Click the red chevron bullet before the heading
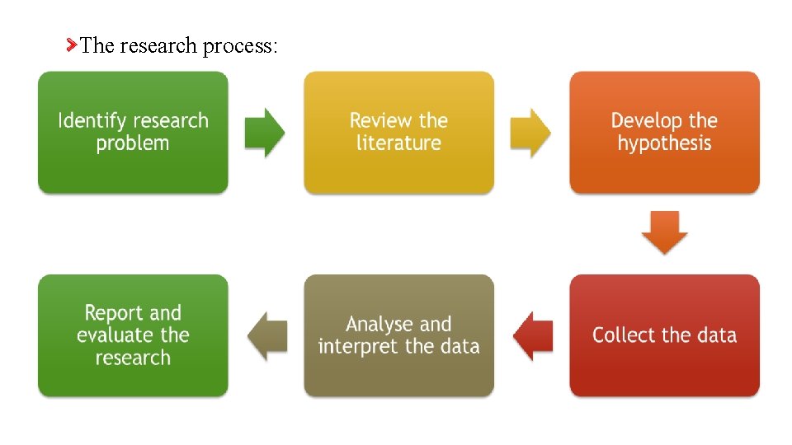[x=72, y=44]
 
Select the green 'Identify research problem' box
[x=133, y=133]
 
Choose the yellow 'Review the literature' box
[x=398, y=133]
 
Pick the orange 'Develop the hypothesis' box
[x=664, y=133]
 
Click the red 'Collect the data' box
[x=664, y=335]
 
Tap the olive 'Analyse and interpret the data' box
[x=398, y=335]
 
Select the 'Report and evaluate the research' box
[x=133, y=335]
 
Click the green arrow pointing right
[x=265, y=133]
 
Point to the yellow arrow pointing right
[x=530, y=133]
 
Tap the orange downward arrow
[x=664, y=232]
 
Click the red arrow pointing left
[x=532, y=335]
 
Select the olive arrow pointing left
[x=267, y=335]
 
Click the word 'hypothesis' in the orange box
[x=664, y=143]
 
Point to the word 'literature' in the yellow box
[x=398, y=143]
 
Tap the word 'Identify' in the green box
[x=90, y=121]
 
